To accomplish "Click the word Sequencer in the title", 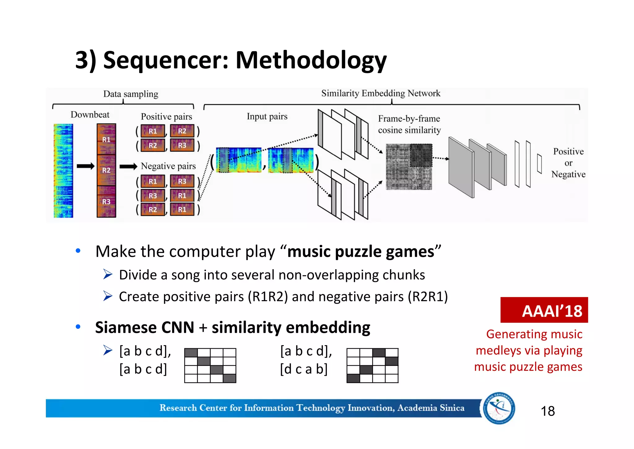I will click(x=165, y=60).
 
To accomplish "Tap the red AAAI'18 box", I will click(x=544, y=310).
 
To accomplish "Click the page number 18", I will click(x=547, y=411).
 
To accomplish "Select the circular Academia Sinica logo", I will click(x=499, y=408).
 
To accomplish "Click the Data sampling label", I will click(x=131, y=94).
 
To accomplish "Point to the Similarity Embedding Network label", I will click(x=380, y=93).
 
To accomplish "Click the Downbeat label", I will click(x=90, y=115).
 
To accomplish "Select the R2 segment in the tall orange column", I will click(x=106, y=170).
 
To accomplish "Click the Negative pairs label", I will click(x=168, y=166).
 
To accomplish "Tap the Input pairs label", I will click(x=267, y=117).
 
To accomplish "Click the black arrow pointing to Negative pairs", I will click(x=128, y=167).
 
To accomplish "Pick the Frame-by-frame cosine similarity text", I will click(x=409, y=124).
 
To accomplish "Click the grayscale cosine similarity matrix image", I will click(x=408, y=167).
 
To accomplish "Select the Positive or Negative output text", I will click(x=568, y=163).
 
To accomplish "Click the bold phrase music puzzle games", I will click(x=361, y=251).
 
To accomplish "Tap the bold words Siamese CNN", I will click(x=145, y=327).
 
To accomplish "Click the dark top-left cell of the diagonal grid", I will click(x=191, y=353).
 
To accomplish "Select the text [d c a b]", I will click(x=304, y=369).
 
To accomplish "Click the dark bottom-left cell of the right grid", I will click(x=353, y=378).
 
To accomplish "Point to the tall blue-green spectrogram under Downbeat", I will click(x=63, y=171).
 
